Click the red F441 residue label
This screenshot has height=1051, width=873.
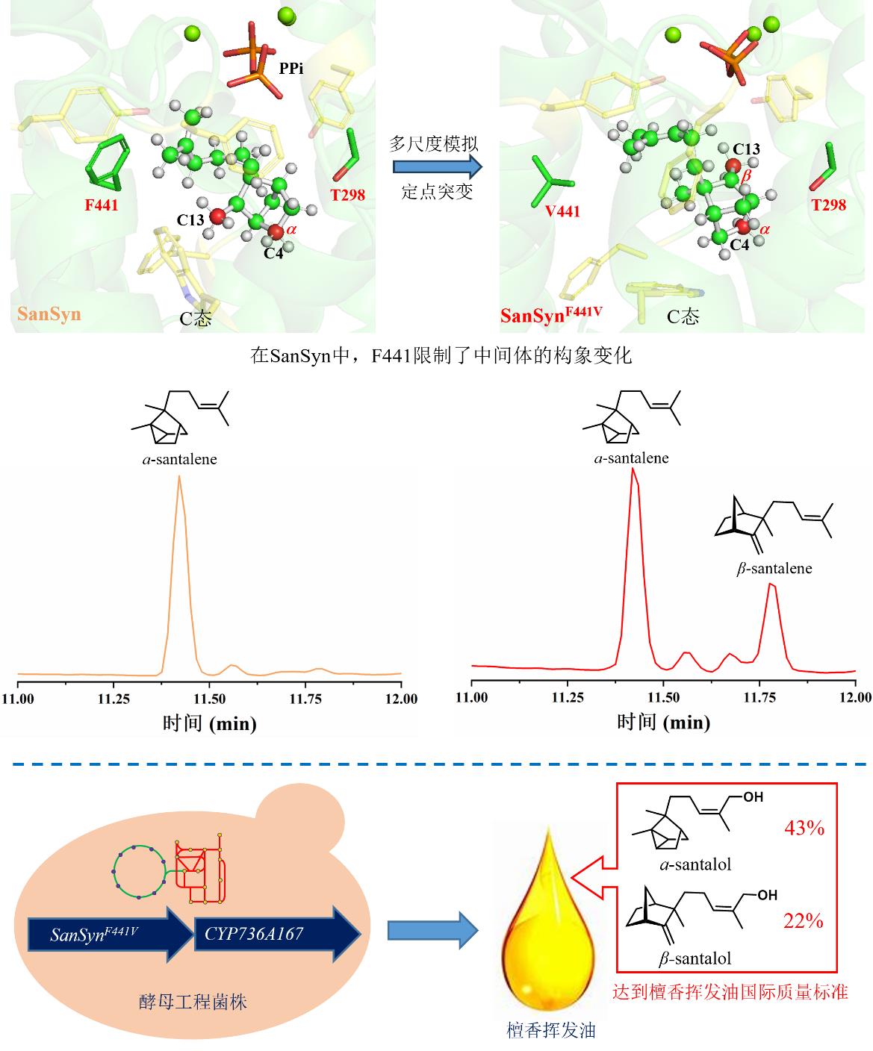click(101, 204)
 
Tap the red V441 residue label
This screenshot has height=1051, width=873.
click(563, 211)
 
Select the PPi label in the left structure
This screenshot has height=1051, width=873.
click(291, 68)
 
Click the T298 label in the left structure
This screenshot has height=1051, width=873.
click(347, 195)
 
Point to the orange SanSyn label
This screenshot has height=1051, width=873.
click(49, 314)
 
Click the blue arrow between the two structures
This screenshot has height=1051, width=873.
click(436, 166)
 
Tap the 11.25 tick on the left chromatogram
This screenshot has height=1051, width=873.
click(114, 699)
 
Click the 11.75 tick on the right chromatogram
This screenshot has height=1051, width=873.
click(760, 697)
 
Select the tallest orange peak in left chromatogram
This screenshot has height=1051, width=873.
click(178, 478)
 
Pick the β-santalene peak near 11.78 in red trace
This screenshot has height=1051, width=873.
click(772, 586)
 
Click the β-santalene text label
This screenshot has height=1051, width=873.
click(774, 569)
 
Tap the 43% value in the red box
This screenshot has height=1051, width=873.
click(804, 827)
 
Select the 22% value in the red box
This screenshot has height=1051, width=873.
click(804, 921)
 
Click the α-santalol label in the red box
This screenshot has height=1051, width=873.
click(695, 865)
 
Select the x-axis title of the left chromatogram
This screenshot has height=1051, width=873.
click(209, 723)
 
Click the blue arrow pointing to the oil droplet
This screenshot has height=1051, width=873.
click(433, 930)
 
